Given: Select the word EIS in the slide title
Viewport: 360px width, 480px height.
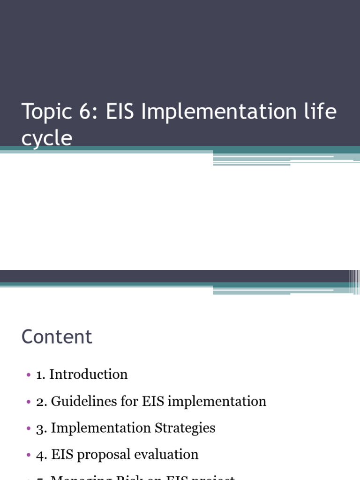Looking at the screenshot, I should (120, 113).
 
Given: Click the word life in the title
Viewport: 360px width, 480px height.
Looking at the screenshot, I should (319, 113).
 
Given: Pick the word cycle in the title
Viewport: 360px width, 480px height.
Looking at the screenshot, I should (46, 138).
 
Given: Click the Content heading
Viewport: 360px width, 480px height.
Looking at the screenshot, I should (57, 337).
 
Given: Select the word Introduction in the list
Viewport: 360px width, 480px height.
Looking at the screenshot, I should (88, 374).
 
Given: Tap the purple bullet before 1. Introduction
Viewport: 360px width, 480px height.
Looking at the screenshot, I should (28, 375).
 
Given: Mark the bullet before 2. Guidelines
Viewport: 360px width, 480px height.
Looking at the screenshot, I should (28, 402).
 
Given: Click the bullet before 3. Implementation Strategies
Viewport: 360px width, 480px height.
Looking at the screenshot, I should (28, 428).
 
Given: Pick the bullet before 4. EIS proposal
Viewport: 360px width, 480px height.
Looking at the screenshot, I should (28, 455).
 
